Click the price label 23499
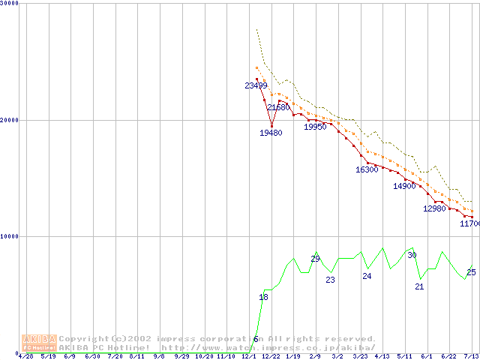[256, 85]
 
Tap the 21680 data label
[278, 108]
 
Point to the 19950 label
[315, 127]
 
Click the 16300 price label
[367, 170]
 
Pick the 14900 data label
[404, 187]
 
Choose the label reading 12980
[434, 209]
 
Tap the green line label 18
[263, 298]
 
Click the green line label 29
[315, 259]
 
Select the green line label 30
[412, 256]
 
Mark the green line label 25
[471, 272]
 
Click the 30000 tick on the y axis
[10, 3]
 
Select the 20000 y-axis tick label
[10, 120]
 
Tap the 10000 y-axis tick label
[10, 236]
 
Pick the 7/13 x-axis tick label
[471, 356]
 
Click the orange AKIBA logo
[39, 343]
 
